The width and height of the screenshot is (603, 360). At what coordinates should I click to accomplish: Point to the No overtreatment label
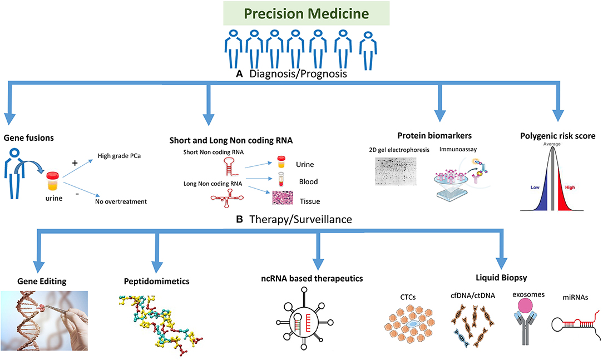121,201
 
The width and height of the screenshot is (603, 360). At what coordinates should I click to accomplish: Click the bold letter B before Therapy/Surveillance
240,220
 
